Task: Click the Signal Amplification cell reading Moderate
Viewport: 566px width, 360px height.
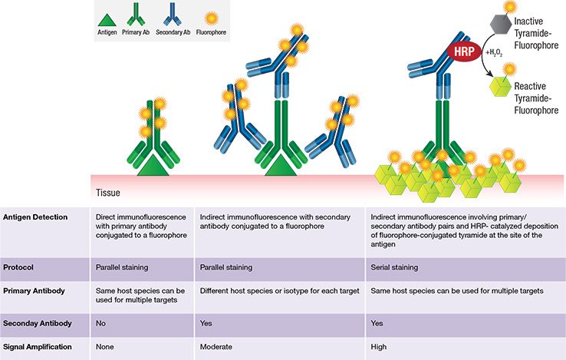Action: (217, 348)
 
